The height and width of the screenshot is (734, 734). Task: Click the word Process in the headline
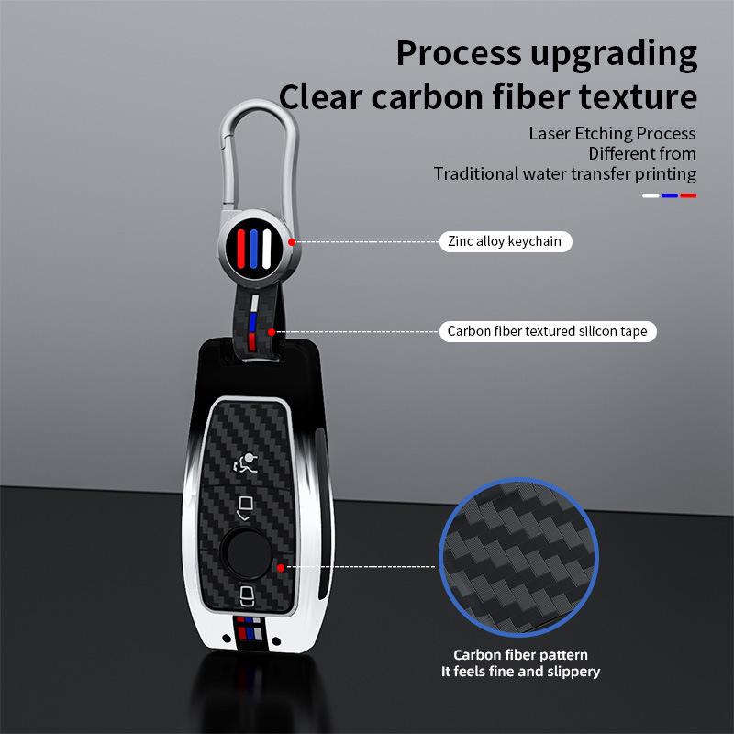458,54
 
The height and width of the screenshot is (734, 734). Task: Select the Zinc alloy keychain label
506,241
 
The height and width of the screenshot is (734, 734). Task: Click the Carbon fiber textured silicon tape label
548,331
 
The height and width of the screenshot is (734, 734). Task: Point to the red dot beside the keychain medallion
292,242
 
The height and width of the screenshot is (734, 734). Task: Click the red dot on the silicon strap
272,332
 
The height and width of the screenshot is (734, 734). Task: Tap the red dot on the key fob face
281,568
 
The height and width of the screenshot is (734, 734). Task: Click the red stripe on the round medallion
241,249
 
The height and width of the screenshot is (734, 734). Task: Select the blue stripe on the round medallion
254,249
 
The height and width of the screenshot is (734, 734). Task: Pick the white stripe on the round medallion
266,249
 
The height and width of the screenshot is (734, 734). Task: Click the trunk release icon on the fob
245,508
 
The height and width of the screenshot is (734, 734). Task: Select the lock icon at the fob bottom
247,595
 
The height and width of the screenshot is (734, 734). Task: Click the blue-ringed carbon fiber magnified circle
518,557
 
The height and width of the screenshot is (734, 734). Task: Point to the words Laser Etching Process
612,134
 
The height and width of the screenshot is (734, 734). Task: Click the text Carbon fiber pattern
520,655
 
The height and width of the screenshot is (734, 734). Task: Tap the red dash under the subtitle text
688,195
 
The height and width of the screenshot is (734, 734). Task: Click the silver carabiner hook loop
259,155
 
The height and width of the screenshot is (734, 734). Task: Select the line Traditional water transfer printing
565,174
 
